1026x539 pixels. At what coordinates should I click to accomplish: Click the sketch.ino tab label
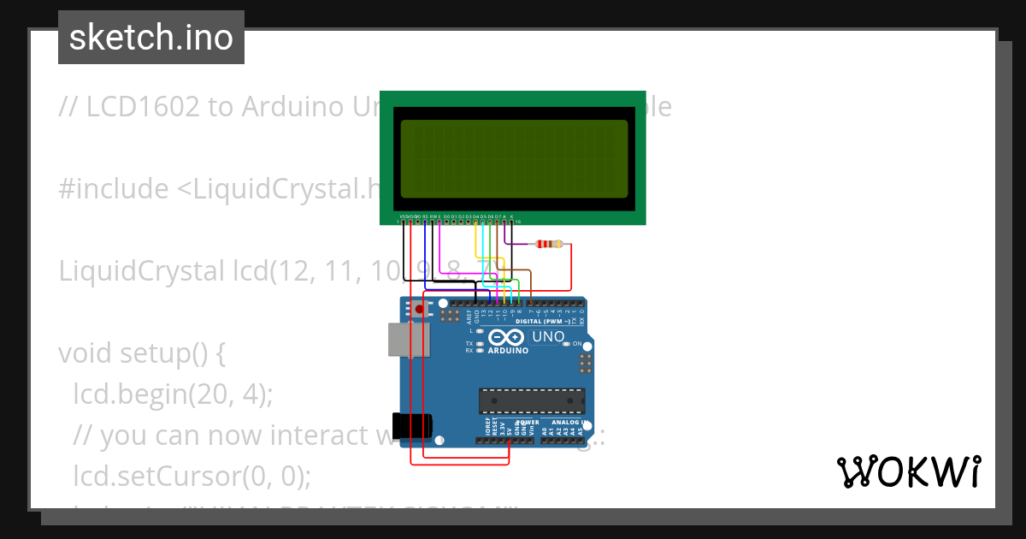tap(150, 38)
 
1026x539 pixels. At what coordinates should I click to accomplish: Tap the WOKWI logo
tap(908, 471)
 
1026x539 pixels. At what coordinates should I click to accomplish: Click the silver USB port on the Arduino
tap(409, 339)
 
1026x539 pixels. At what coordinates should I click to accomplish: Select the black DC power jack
tap(410, 425)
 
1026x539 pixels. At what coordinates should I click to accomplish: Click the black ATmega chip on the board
tap(532, 401)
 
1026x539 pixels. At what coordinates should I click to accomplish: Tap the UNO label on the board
tap(548, 336)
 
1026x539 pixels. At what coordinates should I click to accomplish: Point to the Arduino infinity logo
tap(507, 337)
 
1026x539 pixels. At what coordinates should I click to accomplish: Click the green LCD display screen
tap(513, 159)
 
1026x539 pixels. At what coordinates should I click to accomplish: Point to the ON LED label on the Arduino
tap(576, 344)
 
